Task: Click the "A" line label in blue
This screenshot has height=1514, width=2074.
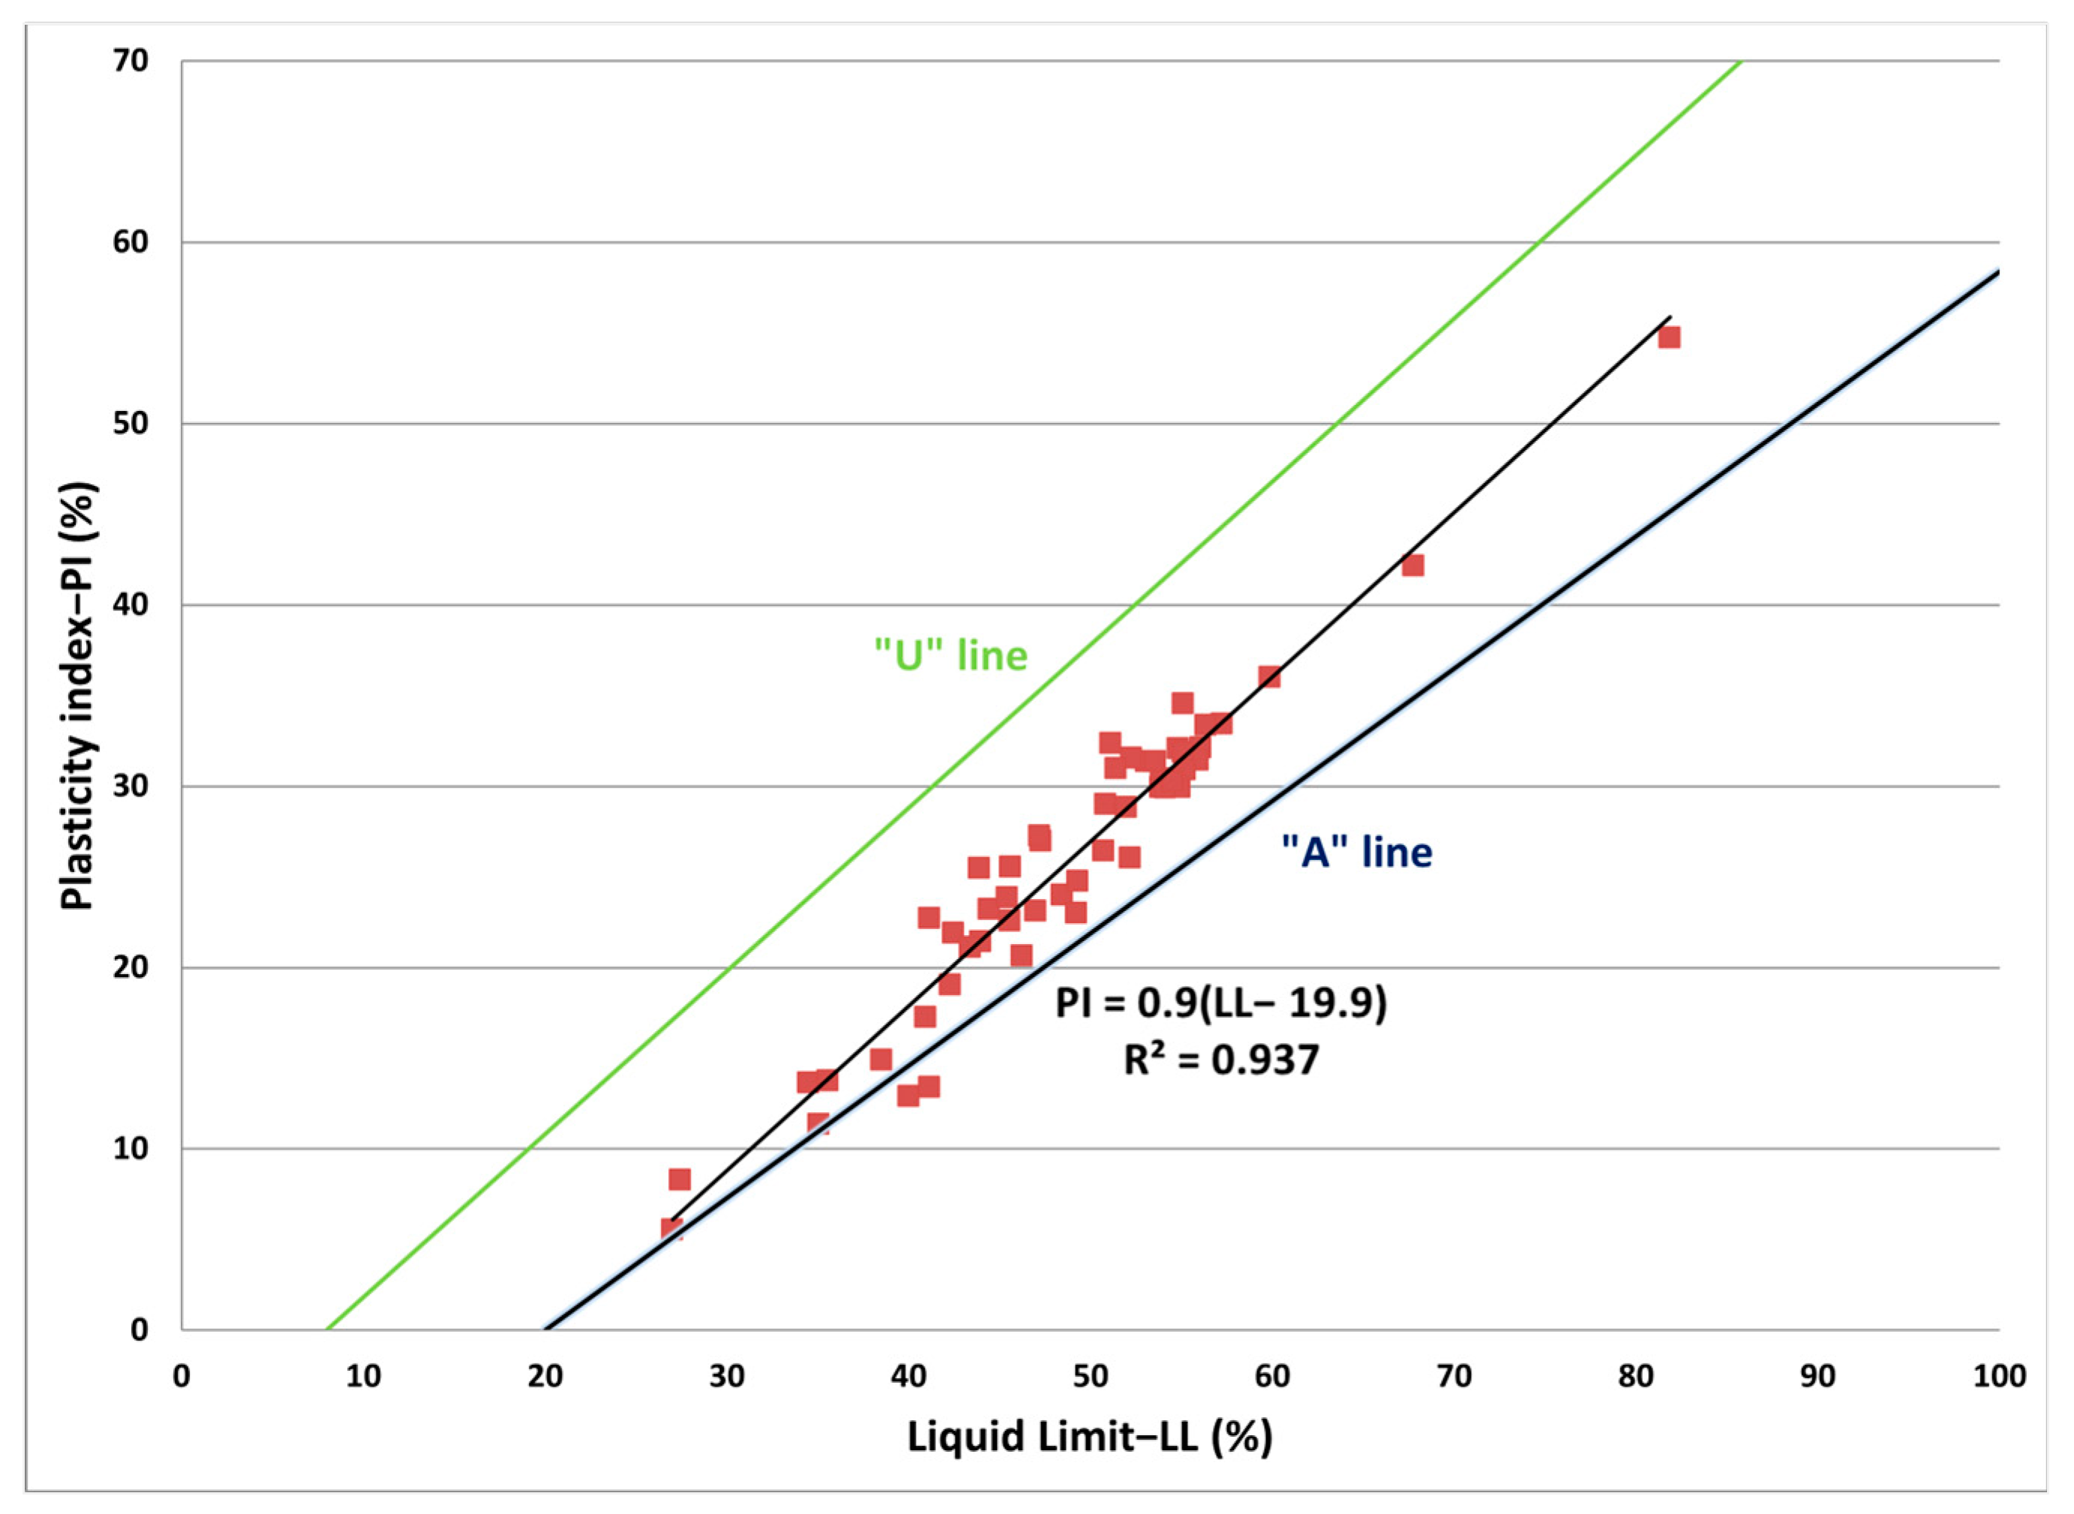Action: click(1356, 853)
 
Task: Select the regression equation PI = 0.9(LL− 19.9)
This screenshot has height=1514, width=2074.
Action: click(1220, 1003)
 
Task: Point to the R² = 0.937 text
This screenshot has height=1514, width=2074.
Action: click(1220, 1060)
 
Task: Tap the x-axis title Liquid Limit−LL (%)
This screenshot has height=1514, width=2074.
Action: click(1090, 1436)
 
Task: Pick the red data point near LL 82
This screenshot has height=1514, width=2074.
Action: click(1669, 337)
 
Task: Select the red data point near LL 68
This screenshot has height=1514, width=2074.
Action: click(1413, 565)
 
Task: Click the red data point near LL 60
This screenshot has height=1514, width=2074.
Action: click(1269, 677)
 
